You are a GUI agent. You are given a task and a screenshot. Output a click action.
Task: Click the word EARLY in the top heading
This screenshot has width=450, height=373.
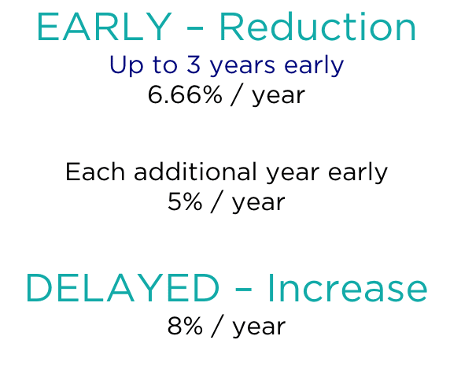tap(104, 28)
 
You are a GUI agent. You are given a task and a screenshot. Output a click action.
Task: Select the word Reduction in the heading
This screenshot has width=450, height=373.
tap(318, 27)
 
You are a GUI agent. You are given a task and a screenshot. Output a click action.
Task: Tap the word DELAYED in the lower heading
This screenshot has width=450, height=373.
tap(123, 288)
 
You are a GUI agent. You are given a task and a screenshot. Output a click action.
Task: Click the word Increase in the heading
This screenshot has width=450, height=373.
tap(348, 288)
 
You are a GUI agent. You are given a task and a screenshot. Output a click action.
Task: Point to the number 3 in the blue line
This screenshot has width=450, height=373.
tap(194, 65)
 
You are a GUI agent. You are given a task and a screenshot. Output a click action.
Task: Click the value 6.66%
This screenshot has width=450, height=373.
tap(185, 95)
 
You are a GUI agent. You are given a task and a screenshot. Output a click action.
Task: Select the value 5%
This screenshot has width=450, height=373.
tap(185, 201)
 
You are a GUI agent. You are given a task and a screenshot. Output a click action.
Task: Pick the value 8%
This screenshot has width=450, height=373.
tap(185, 326)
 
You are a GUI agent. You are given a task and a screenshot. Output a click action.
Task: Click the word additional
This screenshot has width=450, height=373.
tap(195, 172)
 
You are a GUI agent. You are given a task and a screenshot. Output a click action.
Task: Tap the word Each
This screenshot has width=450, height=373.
tap(95, 172)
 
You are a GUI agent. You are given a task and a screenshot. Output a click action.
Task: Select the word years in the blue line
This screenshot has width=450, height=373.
tap(242, 67)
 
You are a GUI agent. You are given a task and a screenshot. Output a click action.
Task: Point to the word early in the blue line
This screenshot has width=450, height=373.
tap(314, 66)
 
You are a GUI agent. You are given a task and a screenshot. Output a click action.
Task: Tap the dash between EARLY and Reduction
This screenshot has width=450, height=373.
tap(195, 28)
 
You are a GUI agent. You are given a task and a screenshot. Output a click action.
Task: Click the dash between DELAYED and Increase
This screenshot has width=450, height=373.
tap(243, 289)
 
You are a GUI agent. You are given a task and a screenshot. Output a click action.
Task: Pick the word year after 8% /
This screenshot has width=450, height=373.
tap(259, 327)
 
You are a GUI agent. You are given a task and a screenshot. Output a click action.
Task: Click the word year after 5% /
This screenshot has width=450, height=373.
tap(259, 203)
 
